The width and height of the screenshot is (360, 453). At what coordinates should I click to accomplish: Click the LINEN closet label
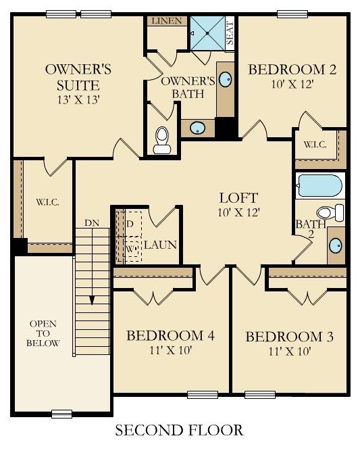[167, 21]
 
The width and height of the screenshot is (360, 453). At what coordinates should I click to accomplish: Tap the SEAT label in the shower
[230, 33]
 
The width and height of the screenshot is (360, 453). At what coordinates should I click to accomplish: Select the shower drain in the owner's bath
[207, 33]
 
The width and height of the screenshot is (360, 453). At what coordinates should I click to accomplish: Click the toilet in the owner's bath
[162, 141]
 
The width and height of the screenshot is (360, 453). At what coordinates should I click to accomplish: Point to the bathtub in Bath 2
[320, 185]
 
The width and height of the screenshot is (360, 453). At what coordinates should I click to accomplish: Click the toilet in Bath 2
[330, 212]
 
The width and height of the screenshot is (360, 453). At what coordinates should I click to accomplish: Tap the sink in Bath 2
[335, 245]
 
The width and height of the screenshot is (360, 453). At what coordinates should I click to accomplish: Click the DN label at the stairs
[92, 223]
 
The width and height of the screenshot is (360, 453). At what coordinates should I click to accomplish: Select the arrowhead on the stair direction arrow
[92, 300]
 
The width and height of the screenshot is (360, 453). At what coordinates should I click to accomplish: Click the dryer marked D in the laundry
[130, 224]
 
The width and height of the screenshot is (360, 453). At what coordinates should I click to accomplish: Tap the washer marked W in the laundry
[130, 249]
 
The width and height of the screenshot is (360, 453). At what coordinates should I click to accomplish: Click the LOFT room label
[238, 198]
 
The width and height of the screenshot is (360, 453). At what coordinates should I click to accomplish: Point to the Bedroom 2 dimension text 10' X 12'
[292, 85]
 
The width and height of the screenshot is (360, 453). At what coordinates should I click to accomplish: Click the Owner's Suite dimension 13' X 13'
[78, 100]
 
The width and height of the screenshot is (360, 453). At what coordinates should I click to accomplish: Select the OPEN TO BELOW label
[43, 333]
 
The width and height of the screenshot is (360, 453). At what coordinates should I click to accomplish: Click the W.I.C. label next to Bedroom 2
[315, 145]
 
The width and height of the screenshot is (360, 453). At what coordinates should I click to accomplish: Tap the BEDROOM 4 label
[170, 336]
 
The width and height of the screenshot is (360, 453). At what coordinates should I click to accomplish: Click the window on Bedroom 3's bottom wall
[260, 395]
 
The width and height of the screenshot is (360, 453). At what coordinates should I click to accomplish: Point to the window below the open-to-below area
[61, 414]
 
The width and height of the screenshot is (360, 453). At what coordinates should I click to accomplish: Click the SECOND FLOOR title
[179, 430]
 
